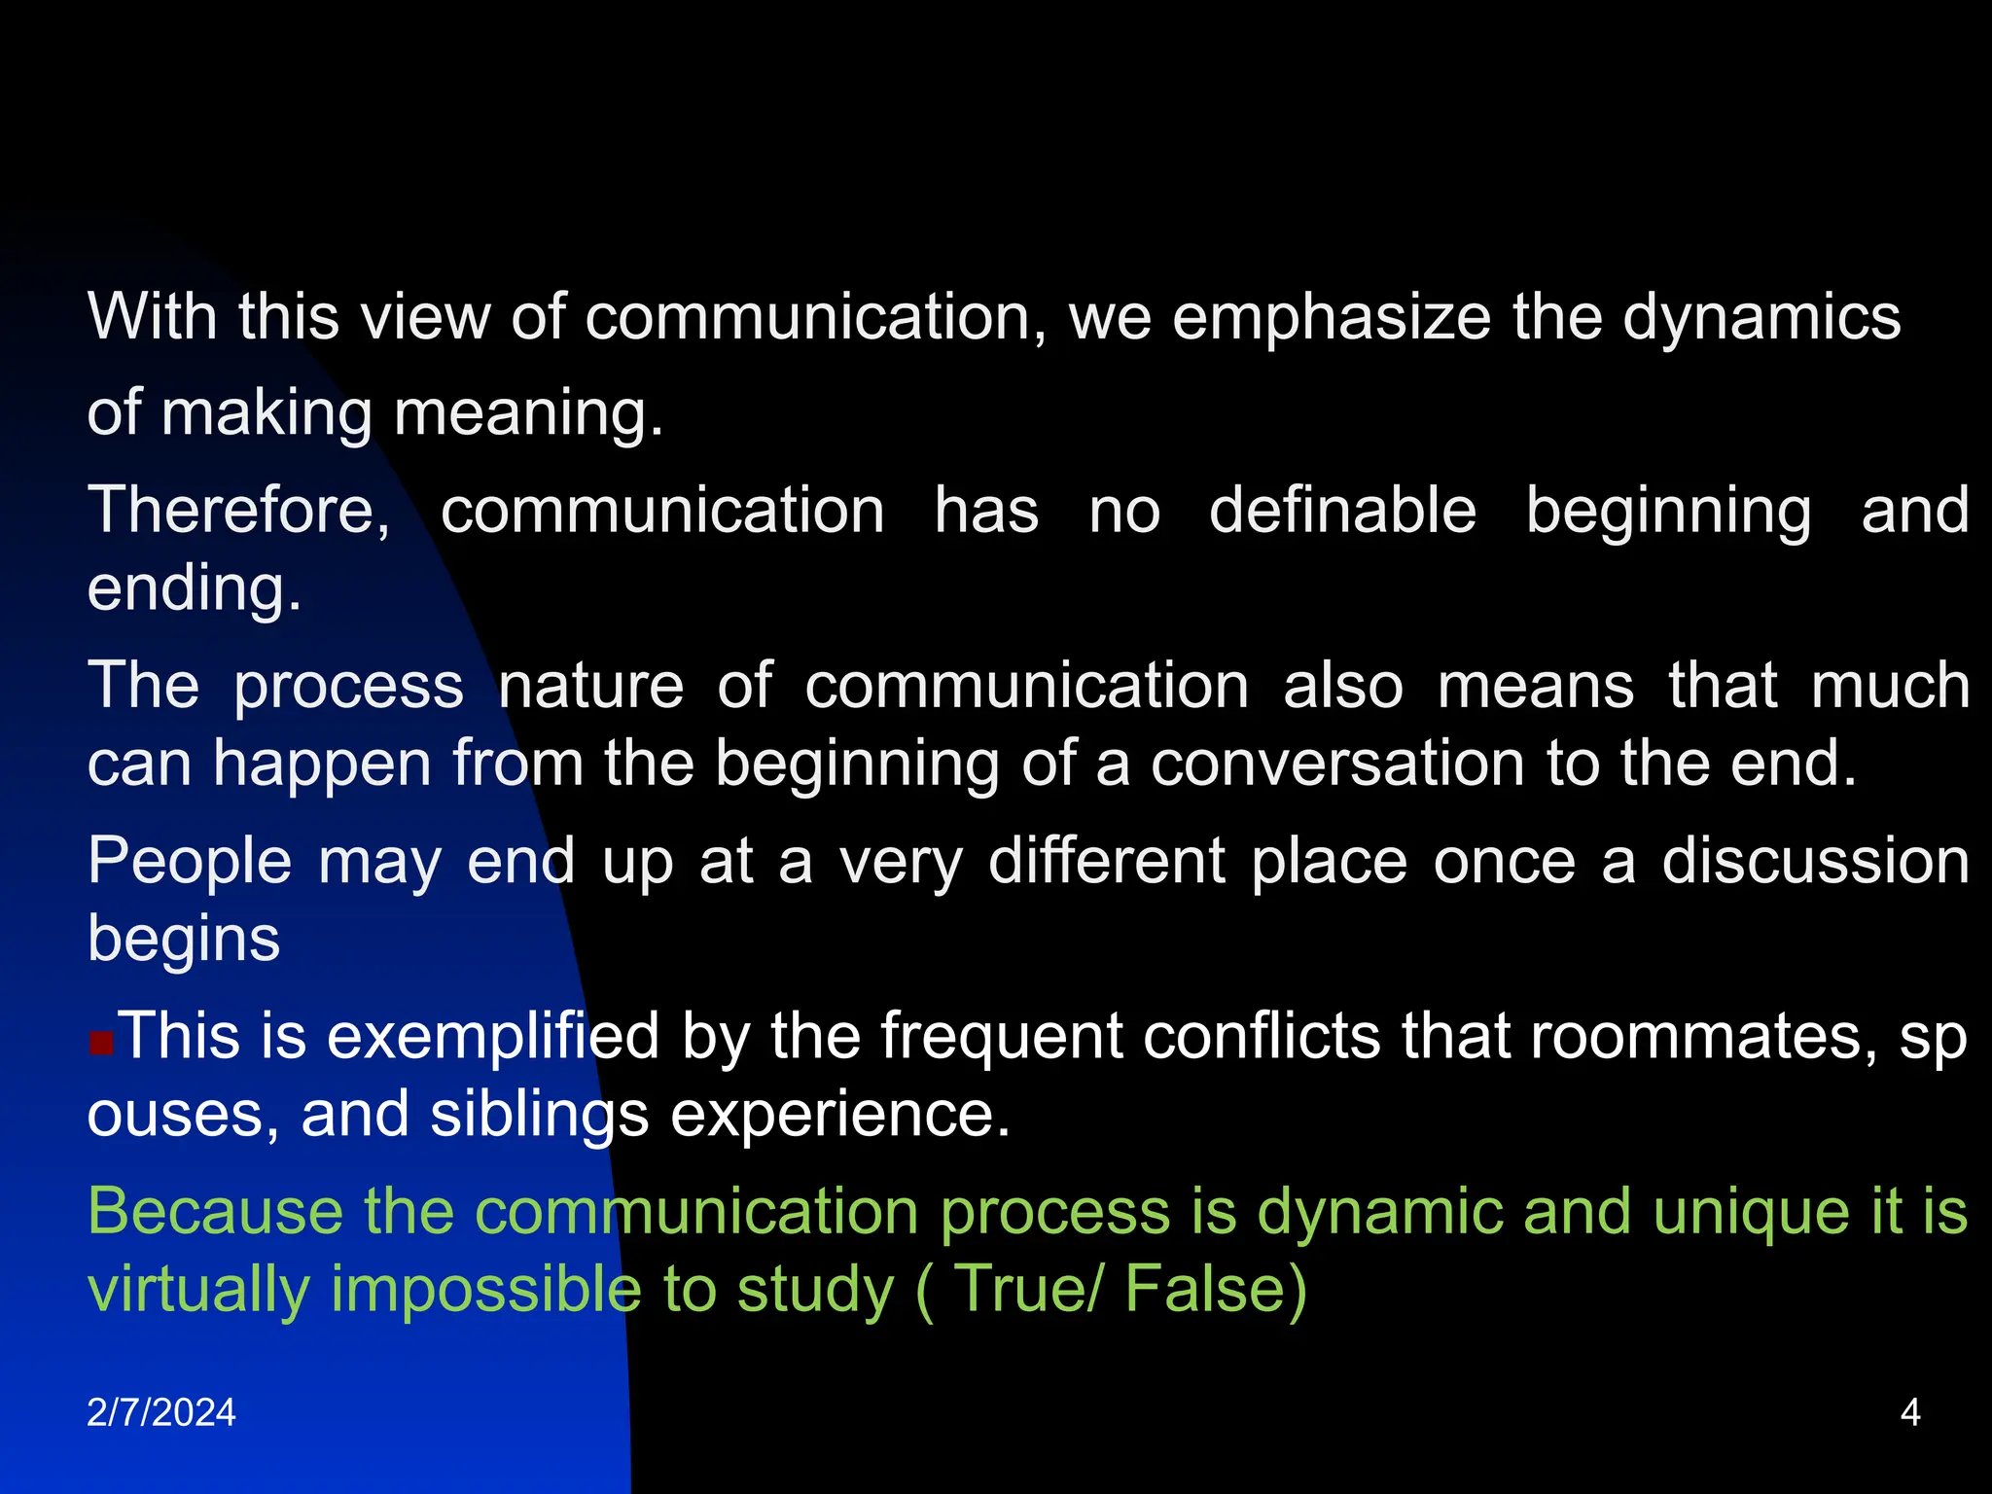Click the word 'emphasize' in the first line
pyautogui.click(x=1331, y=318)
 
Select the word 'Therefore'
pyautogui.click(x=238, y=511)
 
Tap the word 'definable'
pyautogui.click(x=1342, y=511)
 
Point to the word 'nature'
pyautogui.click(x=591, y=686)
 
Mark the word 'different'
pyautogui.click(x=1107, y=862)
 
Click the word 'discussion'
pyautogui.click(x=1815, y=862)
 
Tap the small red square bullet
pyautogui.click(x=101, y=1045)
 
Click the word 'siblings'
pyautogui.click(x=539, y=1116)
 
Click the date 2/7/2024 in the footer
pyautogui.click(x=161, y=1412)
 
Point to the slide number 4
pyautogui.click(x=1910, y=1412)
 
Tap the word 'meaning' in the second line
pyautogui.click(x=528, y=413)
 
